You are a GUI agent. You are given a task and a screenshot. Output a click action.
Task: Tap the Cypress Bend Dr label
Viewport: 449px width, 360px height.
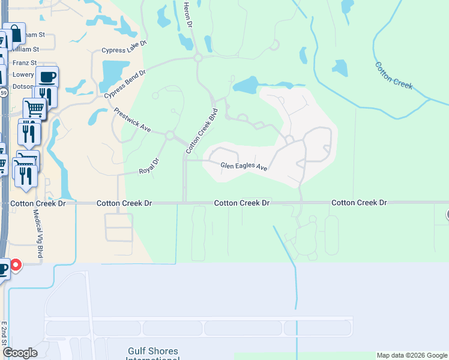(125, 85)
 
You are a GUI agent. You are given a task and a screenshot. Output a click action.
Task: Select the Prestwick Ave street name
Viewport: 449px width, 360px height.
(132, 120)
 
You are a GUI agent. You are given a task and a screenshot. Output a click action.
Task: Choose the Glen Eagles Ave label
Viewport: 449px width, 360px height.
(244, 166)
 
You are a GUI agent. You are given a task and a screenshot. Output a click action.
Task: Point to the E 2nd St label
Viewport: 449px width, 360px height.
(4, 333)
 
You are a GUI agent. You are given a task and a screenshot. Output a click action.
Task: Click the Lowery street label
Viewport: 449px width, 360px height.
(23, 75)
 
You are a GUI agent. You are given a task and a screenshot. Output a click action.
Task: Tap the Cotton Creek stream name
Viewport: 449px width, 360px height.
(394, 75)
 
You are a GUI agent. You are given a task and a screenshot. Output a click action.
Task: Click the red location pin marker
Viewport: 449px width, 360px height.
(16, 265)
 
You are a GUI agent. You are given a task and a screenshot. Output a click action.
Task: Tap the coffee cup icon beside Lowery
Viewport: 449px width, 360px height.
(46, 77)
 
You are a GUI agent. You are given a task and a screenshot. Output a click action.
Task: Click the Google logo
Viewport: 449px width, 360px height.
(20, 353)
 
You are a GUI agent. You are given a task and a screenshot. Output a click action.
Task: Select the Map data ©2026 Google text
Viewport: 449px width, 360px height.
(411, 355)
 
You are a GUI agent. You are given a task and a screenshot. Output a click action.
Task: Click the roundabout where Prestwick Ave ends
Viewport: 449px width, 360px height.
(170, 136)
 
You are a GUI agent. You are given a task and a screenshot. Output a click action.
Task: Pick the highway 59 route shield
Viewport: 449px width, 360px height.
(3, 94)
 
